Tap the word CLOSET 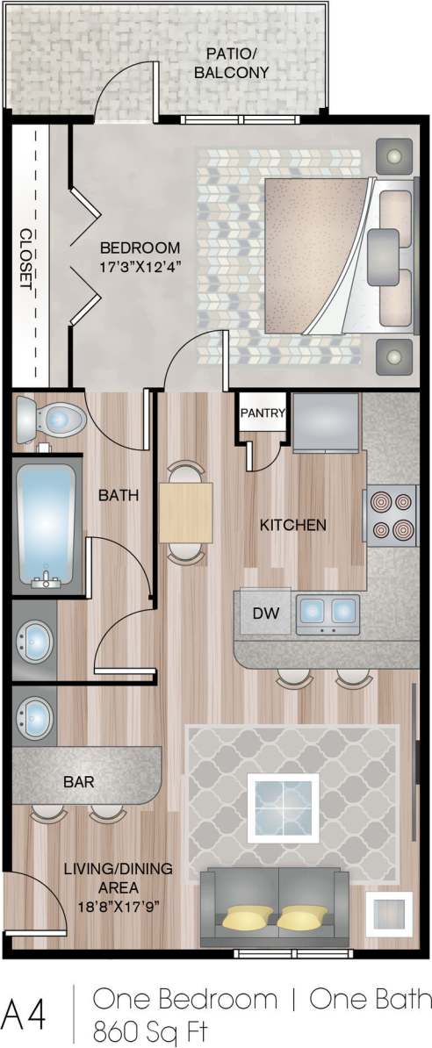(26, 261)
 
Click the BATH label (119, 495)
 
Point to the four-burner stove (391, 516)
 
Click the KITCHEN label (293, 525)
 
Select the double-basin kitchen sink (328, 612)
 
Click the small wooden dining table (185, 512)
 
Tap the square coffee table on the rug (283, 798)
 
